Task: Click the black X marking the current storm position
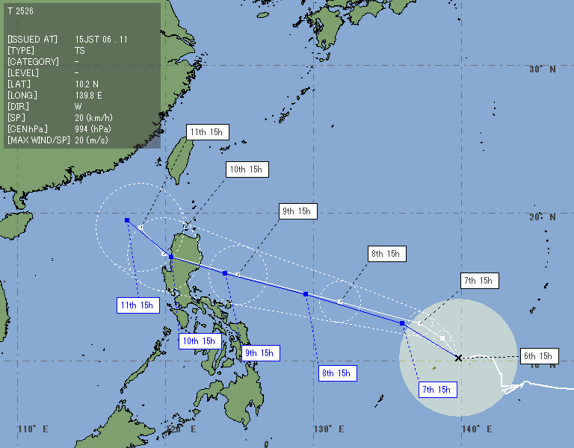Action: coord(458,358)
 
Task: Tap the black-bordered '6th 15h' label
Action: coord(537,356)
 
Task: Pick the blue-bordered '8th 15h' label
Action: coord(336,373)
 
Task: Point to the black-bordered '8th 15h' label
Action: coord(386,254)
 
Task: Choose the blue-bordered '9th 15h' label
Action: coord(261,353)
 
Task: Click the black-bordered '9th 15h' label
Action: coord(297,211)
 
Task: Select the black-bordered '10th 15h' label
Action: coord(247,169)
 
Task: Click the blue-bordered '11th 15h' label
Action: coord(137,305)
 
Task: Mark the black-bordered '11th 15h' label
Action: coord(206,132)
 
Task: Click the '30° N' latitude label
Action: coord(542,69)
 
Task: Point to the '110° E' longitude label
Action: coord(33,429)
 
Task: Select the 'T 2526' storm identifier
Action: coord(20,11)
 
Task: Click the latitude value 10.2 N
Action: coord(87,84)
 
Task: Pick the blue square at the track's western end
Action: coord(127,220)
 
